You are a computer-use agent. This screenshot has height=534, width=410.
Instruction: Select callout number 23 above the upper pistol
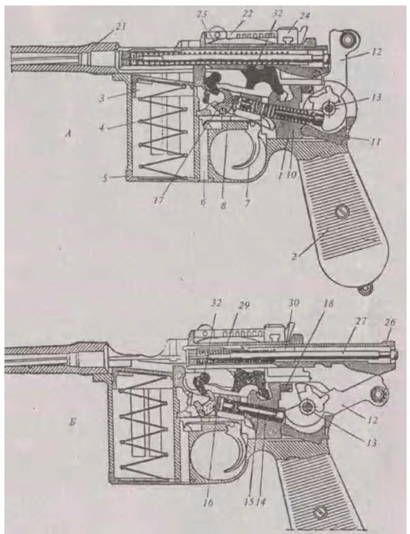pyautogui.click(x=203, y=13)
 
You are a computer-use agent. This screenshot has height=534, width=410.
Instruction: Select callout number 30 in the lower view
pyautogui.click(x=294, y=303)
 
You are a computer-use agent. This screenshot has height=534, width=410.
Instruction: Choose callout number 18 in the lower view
pyautogui.click(x=329, y=304)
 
